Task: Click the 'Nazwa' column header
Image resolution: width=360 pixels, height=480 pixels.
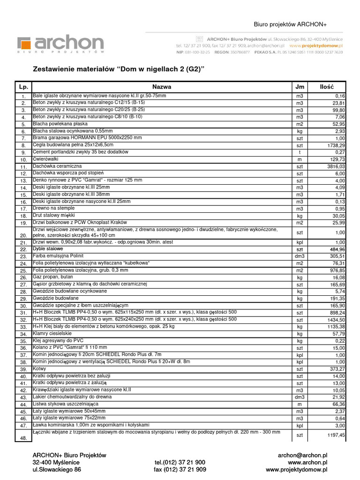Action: point(162,87)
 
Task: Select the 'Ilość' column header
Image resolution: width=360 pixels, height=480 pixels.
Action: point(326,87)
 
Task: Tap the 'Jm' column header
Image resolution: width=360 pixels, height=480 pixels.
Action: point(300,87)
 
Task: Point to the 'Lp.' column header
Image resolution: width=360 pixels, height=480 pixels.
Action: point(23,87)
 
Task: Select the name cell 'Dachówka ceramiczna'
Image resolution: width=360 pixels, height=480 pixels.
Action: point(57,166)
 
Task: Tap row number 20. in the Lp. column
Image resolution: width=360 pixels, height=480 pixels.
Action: point(23,235)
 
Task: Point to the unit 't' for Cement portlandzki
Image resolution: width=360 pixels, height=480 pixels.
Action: point(300,152)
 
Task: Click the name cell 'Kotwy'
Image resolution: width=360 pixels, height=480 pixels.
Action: point(40,369)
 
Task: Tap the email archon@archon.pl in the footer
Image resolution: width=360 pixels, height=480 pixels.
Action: point(302,455)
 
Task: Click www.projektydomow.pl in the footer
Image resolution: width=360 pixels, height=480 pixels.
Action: point(296,469)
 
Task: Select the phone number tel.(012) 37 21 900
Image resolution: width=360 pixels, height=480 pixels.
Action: point(180,462)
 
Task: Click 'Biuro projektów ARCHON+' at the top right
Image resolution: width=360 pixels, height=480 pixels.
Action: point(290,24)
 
